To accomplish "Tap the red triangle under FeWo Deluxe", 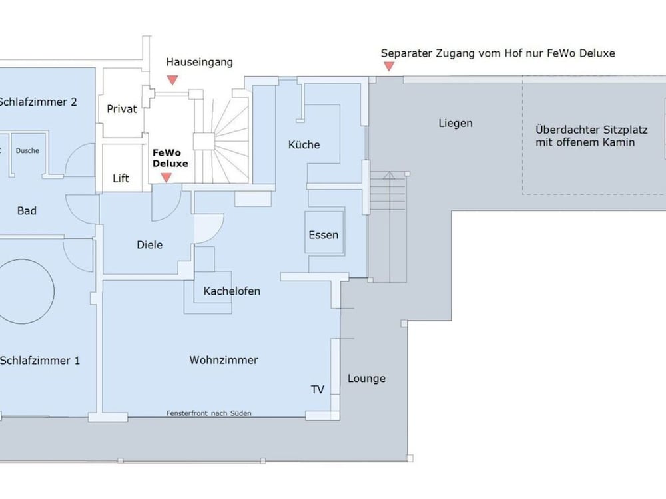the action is click(x=166, y=178).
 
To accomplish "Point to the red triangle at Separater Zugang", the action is click(x=389, y=66).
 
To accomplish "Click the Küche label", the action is click(x=304, y=144).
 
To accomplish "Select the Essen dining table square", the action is click(x=324, y=232).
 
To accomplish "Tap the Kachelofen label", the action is click(x=232, y=291).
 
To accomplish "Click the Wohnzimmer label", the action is click(x=224, y=360).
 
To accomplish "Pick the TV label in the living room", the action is click(x=318, y=389).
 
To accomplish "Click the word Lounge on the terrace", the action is click(x=366, y=379).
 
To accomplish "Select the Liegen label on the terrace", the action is click(x=456, y=124).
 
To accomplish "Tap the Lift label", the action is click(x=121, y=178).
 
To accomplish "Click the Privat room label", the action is click(x=122, y=109).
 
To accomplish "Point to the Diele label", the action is click(x=149, y=244).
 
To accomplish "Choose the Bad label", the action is click(x=27, y=210).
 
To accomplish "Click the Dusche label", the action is click(x=27, y=150).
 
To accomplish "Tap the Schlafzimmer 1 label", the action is click(x=40, y=360).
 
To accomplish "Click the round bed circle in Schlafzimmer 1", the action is click(x=54, y=291).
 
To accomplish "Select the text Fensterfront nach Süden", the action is click(x=209, y=413).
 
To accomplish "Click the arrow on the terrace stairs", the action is click(x=389, y=227).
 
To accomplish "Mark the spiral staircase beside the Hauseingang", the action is click(x=225, y=136).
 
